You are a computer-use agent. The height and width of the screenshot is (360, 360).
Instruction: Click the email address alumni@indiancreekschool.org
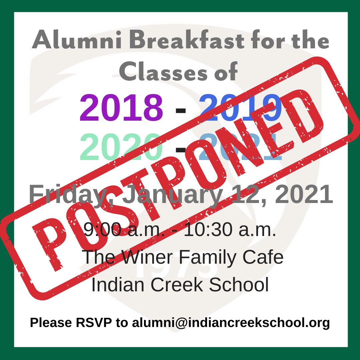point(231,323)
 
